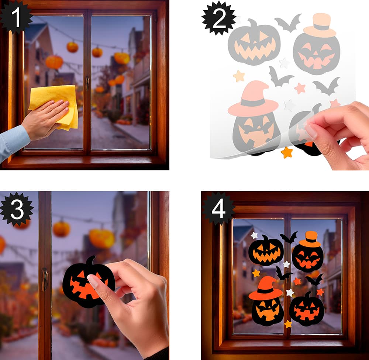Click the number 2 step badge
[219, 18]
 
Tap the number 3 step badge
[17, 209]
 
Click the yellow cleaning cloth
[56, 106]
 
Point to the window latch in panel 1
[87, 83]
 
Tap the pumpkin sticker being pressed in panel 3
[89, 282]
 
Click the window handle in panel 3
[45, 279]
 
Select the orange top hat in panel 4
[310, 239]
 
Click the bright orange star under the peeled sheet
[287, 152]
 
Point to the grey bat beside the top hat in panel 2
[289, 23]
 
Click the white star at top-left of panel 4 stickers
[254, 235]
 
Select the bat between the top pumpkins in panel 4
[289, 238]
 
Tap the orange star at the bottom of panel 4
[288, 324]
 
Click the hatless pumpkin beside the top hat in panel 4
[266, 251]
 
